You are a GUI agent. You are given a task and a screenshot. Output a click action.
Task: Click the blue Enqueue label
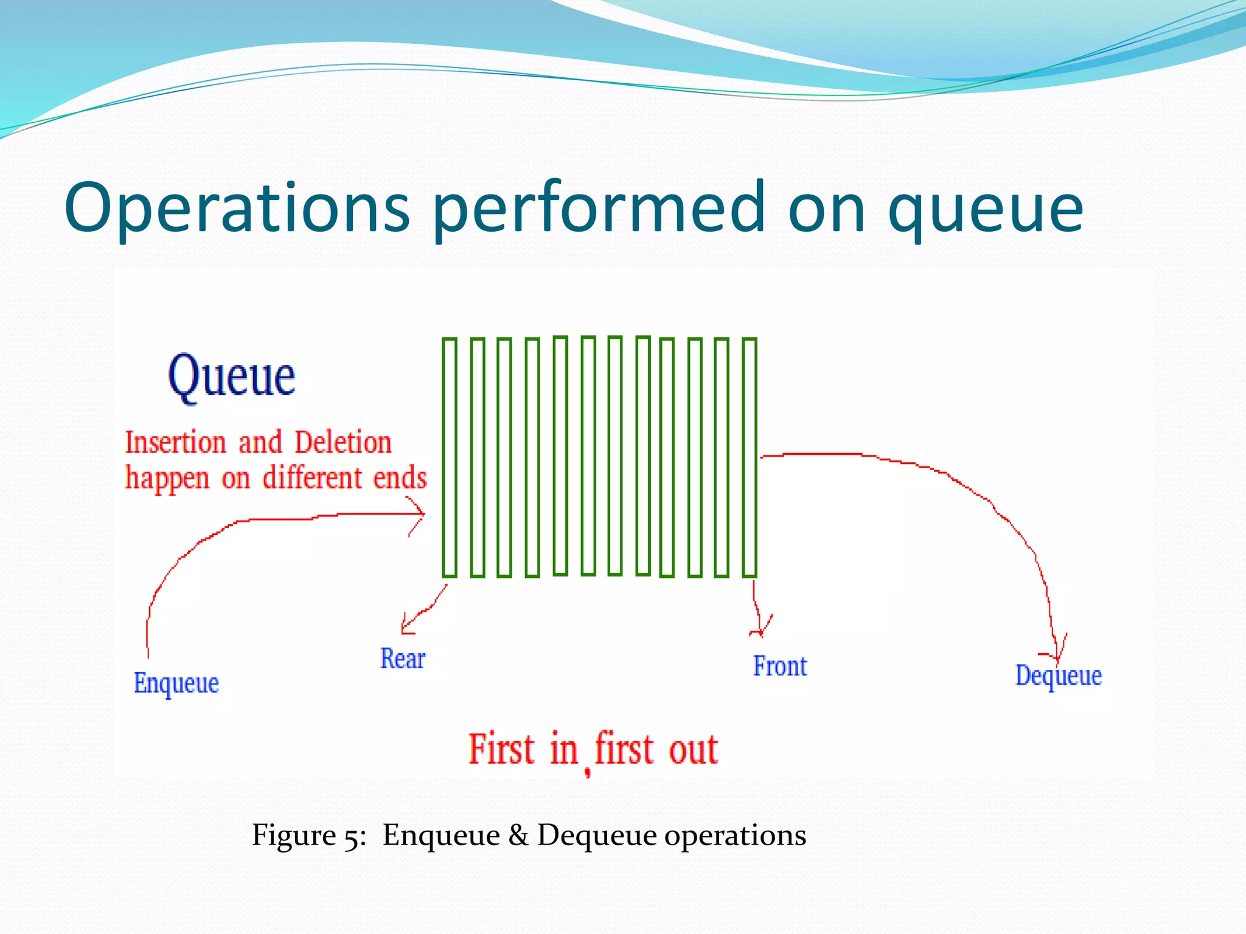(x=176, y=683)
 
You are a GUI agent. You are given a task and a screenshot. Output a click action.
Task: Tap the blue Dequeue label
(x=1058, y=676)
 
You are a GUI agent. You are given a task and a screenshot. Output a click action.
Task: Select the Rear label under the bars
(x=402, y=659)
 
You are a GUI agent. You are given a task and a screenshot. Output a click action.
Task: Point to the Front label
(x=779, y=666)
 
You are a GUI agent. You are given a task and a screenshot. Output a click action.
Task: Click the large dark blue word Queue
(x=231, y=377)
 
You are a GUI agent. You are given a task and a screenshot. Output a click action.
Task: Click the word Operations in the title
(x=237, y=209)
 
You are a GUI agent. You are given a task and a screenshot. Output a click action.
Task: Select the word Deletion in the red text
(x=343, y=443)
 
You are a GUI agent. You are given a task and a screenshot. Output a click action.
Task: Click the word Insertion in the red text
(x=175, y=443)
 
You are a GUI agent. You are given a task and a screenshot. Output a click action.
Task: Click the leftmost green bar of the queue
(x=450, y=457)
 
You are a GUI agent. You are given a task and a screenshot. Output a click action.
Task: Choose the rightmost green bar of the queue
(x=750, y=457)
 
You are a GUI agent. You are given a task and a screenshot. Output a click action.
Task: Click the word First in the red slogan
(x=501, y=749)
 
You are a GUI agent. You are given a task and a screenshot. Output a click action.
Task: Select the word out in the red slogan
(x=694, y=749)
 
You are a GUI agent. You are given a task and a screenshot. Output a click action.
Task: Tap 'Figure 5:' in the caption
(x=309, y=835)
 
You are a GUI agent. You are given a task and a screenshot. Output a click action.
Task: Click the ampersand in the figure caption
(x=518, y=835)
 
